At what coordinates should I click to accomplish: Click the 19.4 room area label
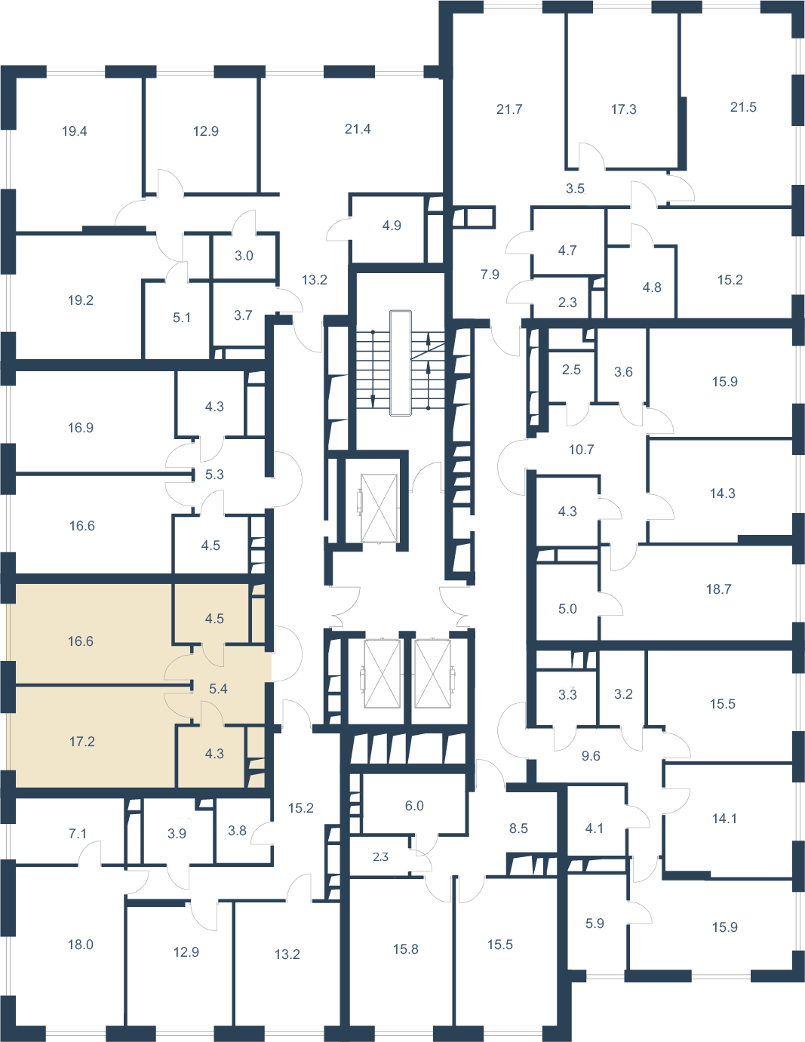pyautogui.click(x=75, y=131)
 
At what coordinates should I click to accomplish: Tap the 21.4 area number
pyautogui.click(x=358, y=129)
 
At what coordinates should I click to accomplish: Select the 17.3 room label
pyautogui.click(x=624, y=109)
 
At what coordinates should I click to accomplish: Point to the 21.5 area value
pyautogui.click(x=743, y=107)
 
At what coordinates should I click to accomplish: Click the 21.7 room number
pyautogui.click(x=509, y=109)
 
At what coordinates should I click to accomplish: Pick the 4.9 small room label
pyautogui.click(x=392, y=226)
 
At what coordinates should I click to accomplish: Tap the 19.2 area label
pyautogui.click(x=81, y=300)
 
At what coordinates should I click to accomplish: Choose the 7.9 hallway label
pyautogui.click(x=490, y=275)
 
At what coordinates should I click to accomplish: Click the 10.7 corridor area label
pyautogui.click(x=581, y=449)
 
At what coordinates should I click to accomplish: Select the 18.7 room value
pyautogui.click(x=719, y=589)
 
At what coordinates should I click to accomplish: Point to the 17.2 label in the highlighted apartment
pyautogui.click(x=82, y=742)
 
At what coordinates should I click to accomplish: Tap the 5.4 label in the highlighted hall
pyautogui.click(x=218, y=689)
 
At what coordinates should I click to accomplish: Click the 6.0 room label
pyautogui.click(x=414, y=806)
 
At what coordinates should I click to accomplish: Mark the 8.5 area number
pyautogui.click(x=518, y=828)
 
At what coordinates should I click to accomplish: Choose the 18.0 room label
pyautogui.click(x=81, y=945)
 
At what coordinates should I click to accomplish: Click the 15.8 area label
pyautogui.click(x=406, y=949)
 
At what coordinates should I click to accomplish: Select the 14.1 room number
pyautogui.click(x=724, y=819)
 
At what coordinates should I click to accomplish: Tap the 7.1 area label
pyautogui.click(x=78, y=834)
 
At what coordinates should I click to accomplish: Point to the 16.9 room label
pyautogui.click(x=81, y=427)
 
